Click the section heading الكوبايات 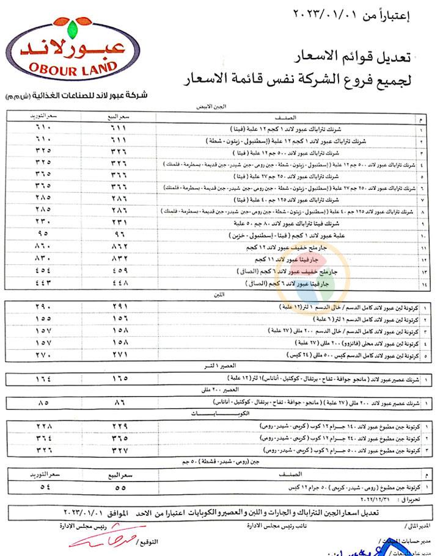pos(221,414)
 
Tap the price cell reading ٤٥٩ pos(120,271)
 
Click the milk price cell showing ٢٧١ pos(120,355)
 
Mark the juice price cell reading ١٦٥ pos(120,379)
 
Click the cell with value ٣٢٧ pos(120,450)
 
